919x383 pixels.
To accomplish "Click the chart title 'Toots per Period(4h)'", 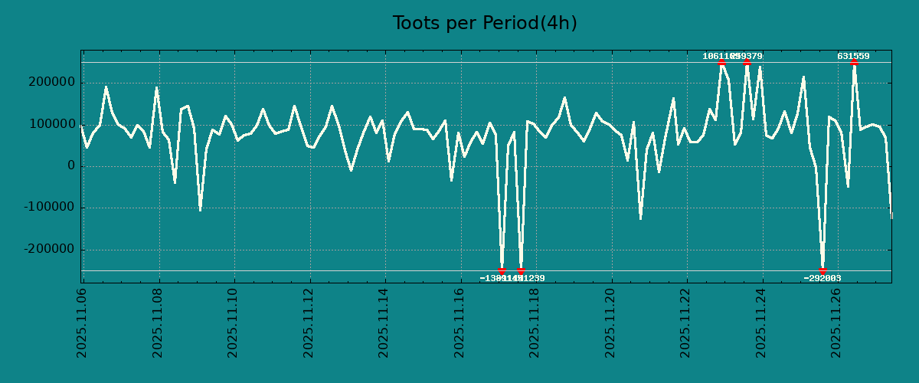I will [485, 24].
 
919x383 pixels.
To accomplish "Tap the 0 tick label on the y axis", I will [71, 166].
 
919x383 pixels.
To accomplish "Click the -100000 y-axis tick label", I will [47, 208].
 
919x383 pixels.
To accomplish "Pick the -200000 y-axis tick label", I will [47, 250].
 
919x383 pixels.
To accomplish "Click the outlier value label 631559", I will [853, 57].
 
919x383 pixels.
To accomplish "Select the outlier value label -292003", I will [823, 279].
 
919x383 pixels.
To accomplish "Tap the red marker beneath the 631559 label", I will [854, 63].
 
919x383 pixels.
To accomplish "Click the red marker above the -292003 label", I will [823, 270].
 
